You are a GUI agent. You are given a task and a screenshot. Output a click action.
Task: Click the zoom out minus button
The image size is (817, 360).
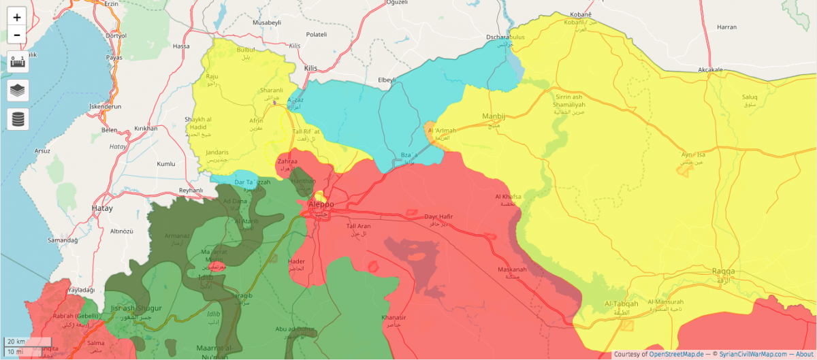17,35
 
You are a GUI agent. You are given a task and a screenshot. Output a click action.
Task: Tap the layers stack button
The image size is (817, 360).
17,90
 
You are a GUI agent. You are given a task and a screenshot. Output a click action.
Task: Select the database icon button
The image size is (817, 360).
17,119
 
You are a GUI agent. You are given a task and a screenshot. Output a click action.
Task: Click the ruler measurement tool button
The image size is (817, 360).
17,61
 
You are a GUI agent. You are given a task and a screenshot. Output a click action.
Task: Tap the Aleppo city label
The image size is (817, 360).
321,204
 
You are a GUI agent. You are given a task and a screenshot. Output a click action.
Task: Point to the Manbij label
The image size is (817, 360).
494,116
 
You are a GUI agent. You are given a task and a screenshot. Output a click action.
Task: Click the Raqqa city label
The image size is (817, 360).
723,272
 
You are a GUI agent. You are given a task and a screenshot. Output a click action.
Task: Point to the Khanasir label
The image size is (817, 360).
394,318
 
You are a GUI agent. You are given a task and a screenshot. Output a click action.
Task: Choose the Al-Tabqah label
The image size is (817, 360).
622,304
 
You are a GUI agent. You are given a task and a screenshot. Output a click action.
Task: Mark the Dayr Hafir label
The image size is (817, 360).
438,217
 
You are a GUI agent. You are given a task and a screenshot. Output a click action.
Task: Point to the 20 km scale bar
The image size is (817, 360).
27,341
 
